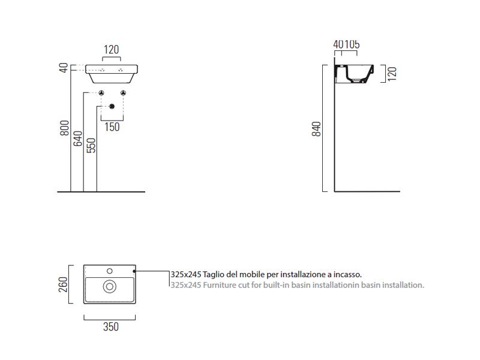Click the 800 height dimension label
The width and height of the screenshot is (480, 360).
(x=65, y=128)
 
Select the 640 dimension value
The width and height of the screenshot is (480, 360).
(x=78, y=139)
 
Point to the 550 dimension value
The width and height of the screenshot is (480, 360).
(x=91, y=145)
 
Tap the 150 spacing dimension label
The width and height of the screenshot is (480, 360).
(x=112, y=127)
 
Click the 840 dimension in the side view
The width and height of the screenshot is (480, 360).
(x=316, y=129)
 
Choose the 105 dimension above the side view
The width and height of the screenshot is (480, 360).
(x=352, y=44)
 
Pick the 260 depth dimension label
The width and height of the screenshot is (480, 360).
(x=63, y=284)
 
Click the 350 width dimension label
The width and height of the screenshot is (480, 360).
(x=111, y=326)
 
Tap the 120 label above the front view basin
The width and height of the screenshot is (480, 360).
(x=111, y=49)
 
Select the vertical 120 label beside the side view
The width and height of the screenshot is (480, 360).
(x=392, y=74)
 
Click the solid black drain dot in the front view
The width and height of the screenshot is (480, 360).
(x=112, y=106)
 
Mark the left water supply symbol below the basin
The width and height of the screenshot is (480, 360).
(x=101, y=93)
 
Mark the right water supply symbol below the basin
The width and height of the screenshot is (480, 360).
(x=123, y=93)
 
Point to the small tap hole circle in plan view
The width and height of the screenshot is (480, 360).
(x=110, y=271)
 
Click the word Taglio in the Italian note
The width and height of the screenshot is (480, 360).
(x=214, y=274)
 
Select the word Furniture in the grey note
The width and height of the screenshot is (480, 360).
(x=220, y=285)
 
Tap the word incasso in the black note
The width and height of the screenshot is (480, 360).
(x=347, y=274)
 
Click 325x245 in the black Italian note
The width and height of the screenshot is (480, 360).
(x=186, y=274)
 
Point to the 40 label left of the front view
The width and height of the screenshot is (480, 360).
(x=64, y=68)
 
